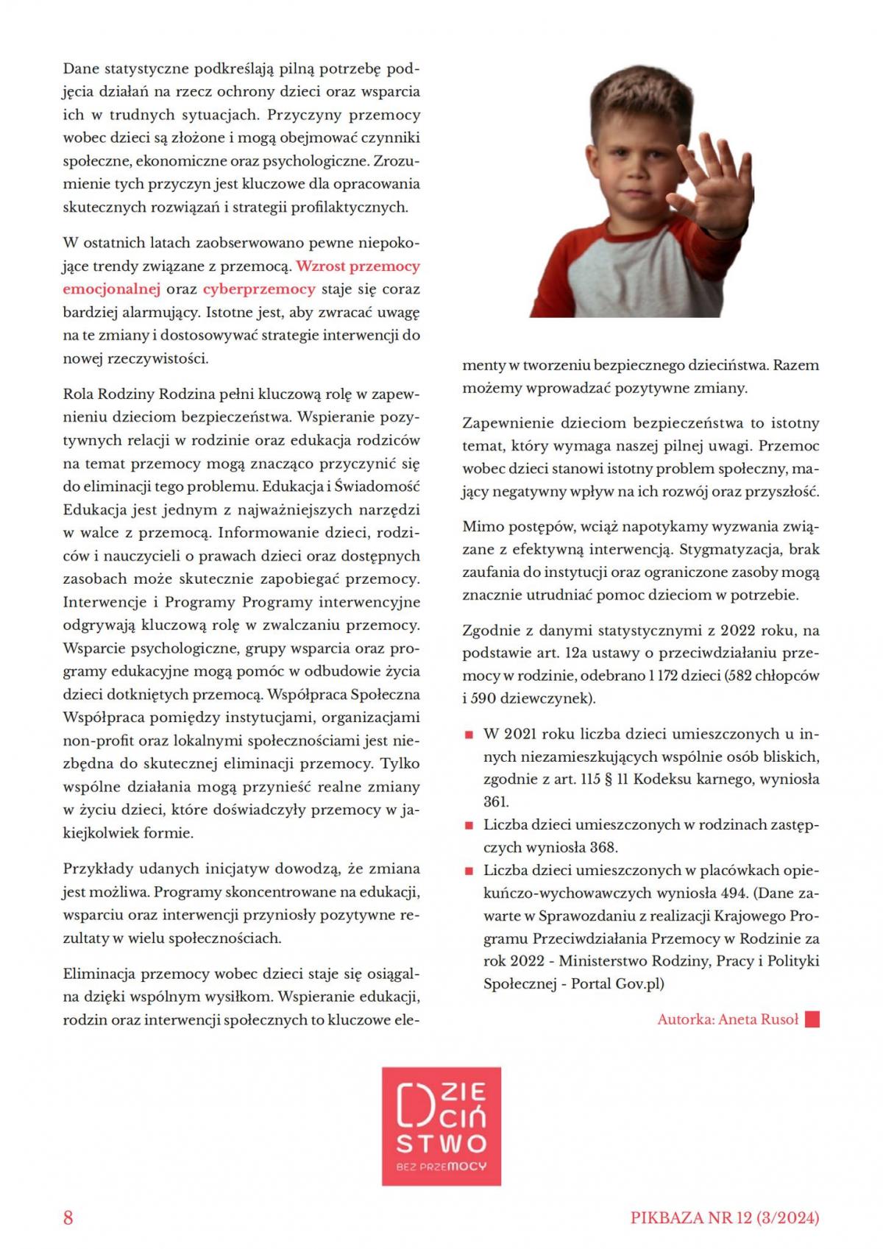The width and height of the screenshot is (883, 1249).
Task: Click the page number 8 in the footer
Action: click(x=68, y=1217)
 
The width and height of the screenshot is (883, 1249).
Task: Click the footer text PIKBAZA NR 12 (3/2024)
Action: click(x=724, y=1217)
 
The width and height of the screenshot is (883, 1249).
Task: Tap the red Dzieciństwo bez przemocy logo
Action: click(x=441, y=1126)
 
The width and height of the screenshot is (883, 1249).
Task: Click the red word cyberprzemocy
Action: click(x=259, y=289)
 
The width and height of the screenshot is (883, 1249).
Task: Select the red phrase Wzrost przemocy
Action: click(x=358, y=266)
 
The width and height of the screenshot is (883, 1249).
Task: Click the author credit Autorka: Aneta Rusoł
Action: click(x=728, y=1019)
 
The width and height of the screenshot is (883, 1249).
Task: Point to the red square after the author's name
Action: click(x=812, y=1019)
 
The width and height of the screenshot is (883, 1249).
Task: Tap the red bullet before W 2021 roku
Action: click(x=468, y=735)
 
